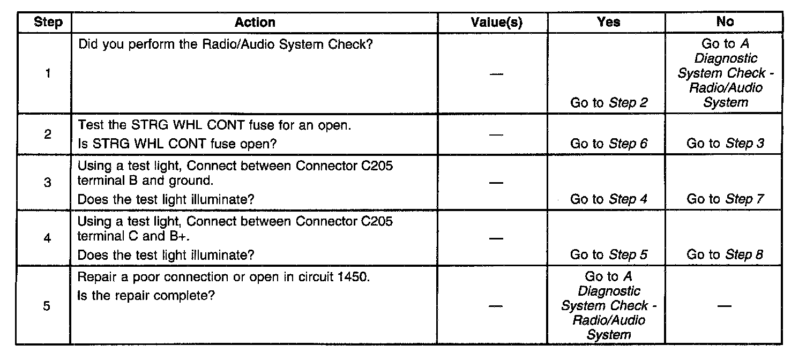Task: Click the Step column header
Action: click(48, 22)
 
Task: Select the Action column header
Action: click(255, 22)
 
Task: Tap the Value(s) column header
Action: click(496, 22)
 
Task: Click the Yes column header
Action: click(608, 22)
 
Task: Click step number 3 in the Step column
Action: click(48, 183)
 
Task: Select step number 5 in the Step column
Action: click(48, 308)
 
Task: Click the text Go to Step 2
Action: click(609, 103)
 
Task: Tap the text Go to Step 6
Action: click(609, 144)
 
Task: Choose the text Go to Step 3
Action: click(725, 144)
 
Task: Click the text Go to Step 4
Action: click(609, 199)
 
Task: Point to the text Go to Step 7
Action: click(725, 199)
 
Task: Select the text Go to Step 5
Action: click(609, 255)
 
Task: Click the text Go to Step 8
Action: click(725, 255)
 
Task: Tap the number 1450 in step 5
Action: click(354, 279)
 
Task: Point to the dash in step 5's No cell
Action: click(725, 306)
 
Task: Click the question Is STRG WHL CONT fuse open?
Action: click(177, 144)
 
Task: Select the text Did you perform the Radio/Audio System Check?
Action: click(226, 44)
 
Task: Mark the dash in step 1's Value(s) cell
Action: click(496, 74)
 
